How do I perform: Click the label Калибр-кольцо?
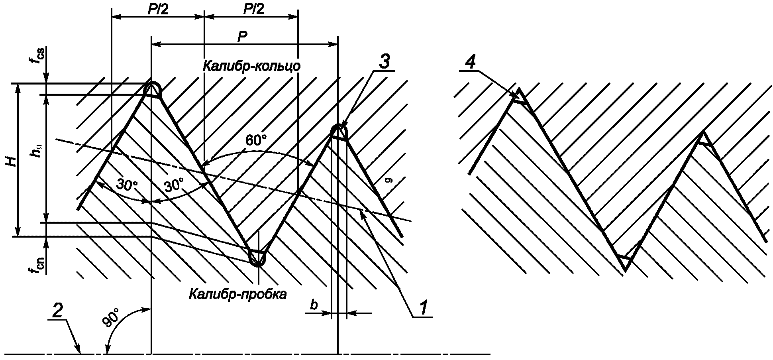pos(251,66)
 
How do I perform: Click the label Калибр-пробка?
pos(237,295)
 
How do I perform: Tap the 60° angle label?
pos(256,140)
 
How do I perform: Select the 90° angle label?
pos(113,318)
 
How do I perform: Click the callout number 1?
pos(422,307)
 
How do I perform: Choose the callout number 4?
pos(470,63)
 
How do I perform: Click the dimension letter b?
pos(314,305)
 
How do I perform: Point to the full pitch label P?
pos(242,37)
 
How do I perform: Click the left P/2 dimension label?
pos(158,9)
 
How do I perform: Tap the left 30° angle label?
pos(127,185)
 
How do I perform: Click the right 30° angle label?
pos(174,185)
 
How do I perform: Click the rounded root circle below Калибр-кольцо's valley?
pos(257,258)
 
